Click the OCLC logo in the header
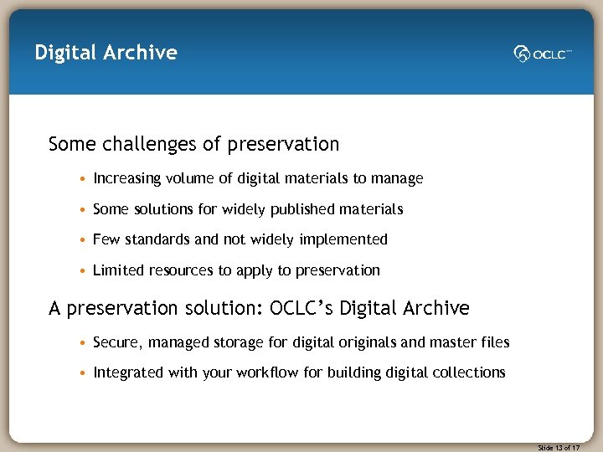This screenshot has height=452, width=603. pyautogui.click(x=543, y=54)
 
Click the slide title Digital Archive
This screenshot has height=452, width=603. pyautogui.click(x=106, y=53)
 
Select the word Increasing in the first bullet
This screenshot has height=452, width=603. pyautogui.click(x=126, y=178)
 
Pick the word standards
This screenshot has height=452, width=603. pyautogui.click(x=157, y=239)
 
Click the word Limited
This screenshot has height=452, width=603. pyautogui.click(x=119, y=270)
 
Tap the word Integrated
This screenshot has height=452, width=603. pyautogui.click(x=128, y=372)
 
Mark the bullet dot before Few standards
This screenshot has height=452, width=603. pyautogui.click(x=84, y=240)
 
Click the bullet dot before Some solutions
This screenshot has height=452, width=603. pyautogui.click(x=84, y=209)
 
